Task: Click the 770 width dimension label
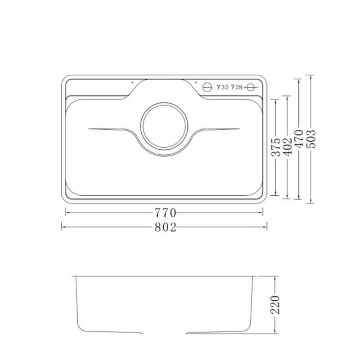[165, 213]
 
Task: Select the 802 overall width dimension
[165, 227]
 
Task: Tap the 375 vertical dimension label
[276, 147]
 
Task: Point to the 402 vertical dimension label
[288, 147]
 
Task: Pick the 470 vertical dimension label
[299, 139]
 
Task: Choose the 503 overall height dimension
[311, 139]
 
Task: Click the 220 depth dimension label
[275, 305]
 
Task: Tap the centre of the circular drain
[164, 126]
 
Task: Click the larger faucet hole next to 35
[207, 87]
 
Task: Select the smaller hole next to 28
[250, 87]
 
